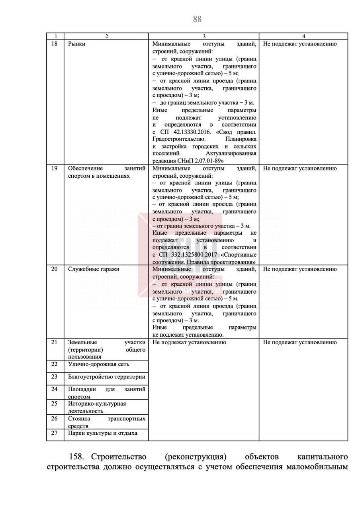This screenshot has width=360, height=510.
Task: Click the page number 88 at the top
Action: point(197,19)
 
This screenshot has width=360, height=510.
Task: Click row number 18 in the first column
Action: point(55,44)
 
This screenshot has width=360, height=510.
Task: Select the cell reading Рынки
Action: point(76,44)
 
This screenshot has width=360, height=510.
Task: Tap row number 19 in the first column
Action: point(55,168)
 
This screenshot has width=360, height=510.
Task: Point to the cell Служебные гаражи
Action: point(94,269)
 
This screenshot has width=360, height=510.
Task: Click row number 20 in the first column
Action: point(55,269)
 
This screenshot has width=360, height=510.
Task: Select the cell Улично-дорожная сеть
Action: point(98,364)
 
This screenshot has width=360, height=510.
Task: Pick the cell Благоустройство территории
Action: point(107,377)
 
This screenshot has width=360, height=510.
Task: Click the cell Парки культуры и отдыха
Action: point(103,433)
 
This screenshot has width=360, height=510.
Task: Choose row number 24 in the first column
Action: point(55,389)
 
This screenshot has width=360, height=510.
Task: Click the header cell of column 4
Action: point(303,36)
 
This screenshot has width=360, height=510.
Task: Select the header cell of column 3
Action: point(203,36)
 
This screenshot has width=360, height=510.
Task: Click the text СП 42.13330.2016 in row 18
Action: point(187,132)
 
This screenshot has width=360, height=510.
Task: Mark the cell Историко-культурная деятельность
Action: point(97,407)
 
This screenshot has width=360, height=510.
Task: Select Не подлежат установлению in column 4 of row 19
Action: point(300,168)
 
